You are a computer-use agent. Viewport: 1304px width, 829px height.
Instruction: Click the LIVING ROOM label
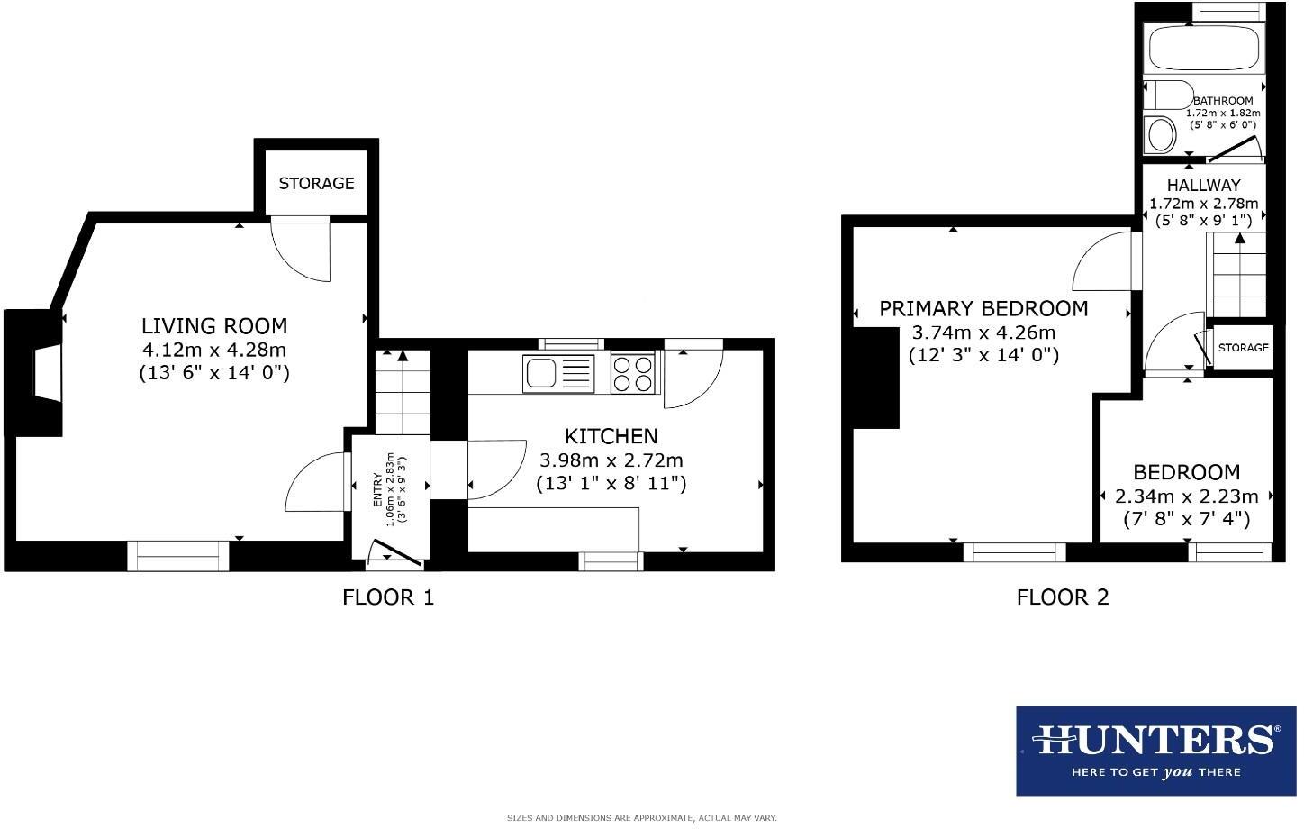pos(214,325)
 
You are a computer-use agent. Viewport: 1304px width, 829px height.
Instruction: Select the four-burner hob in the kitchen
pos(634,374)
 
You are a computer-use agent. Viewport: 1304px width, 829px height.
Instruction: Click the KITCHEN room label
pos(611,436)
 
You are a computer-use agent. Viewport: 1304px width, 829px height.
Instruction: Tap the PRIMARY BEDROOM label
pos(983,308)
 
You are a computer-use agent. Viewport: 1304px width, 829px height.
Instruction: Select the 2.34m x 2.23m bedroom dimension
pos(1186,496)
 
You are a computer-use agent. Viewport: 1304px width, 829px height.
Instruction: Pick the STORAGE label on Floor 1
pos(316,183)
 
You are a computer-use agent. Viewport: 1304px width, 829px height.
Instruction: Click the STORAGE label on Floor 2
pos(1243,348)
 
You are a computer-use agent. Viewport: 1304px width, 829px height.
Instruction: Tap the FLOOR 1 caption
pos(388,597)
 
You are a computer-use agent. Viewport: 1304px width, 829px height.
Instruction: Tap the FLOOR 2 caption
pos(1063,597)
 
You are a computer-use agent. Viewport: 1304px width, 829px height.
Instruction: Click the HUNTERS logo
pos(1156,750)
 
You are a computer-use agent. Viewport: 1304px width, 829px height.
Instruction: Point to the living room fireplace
pos(41,372)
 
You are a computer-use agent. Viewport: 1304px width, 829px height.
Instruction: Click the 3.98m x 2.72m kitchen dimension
pos(611,460)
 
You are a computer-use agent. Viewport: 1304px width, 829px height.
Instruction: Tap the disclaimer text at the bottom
pos(641,818)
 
